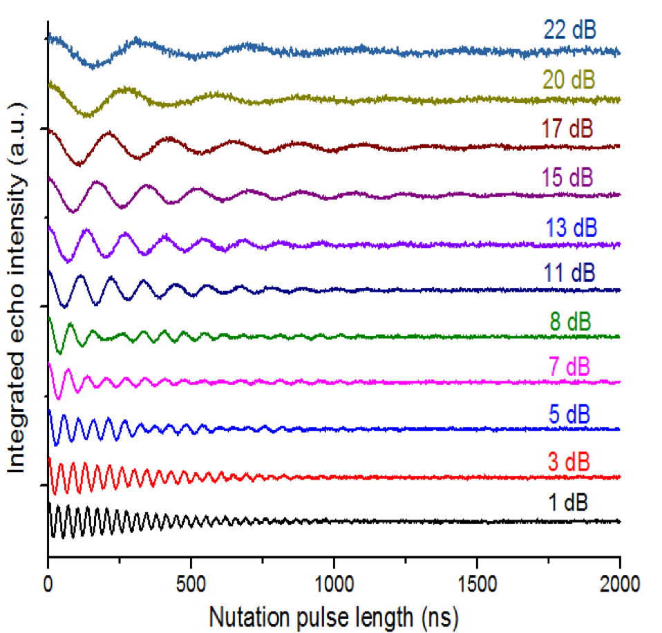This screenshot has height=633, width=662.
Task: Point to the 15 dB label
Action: (x=568, y=176)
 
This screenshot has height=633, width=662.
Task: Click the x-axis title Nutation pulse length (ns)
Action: (x=334, y=612)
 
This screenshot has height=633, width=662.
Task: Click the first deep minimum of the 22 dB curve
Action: (x=94, y=66)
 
